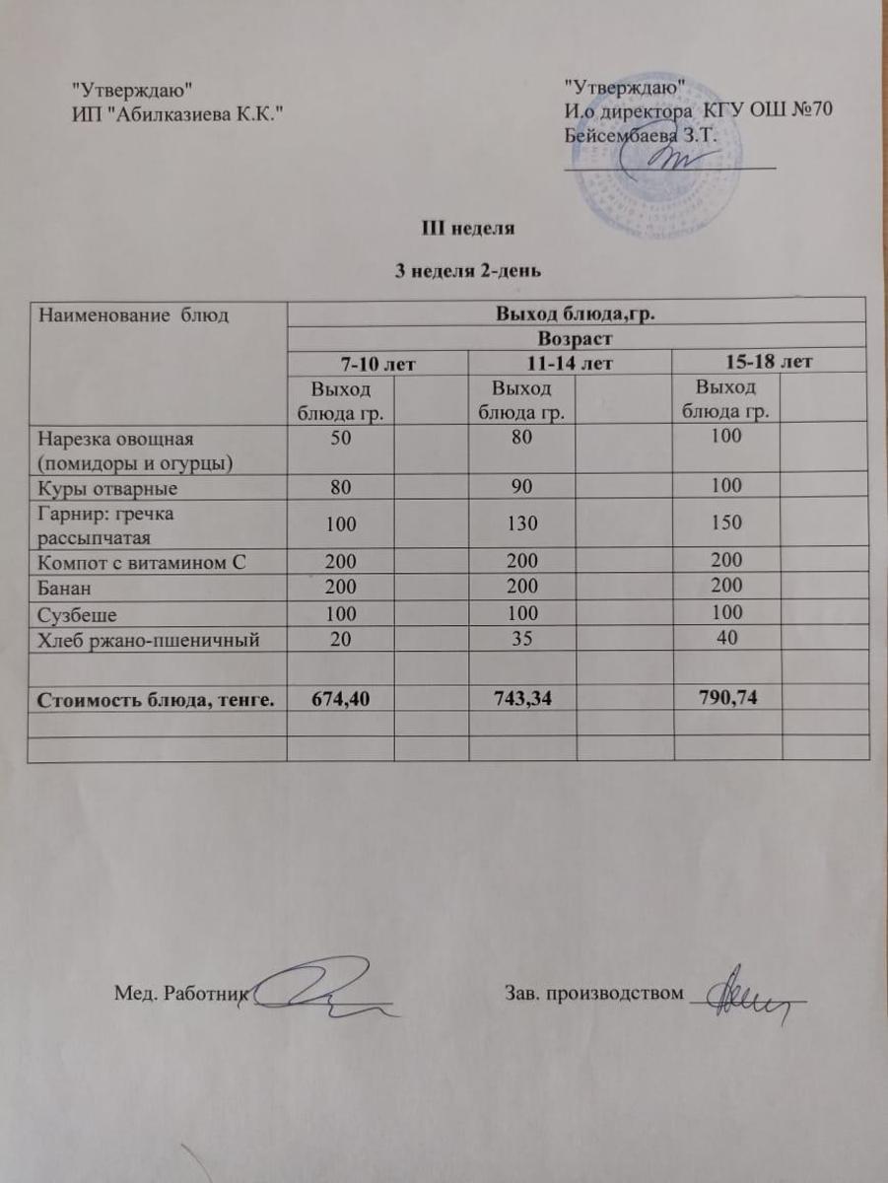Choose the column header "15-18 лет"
tap(766, 362)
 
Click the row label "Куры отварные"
tap(107, 487)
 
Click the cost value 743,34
tap(534, 698)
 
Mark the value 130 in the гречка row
tap(534, 524)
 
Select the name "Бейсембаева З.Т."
tap(638, 135)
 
